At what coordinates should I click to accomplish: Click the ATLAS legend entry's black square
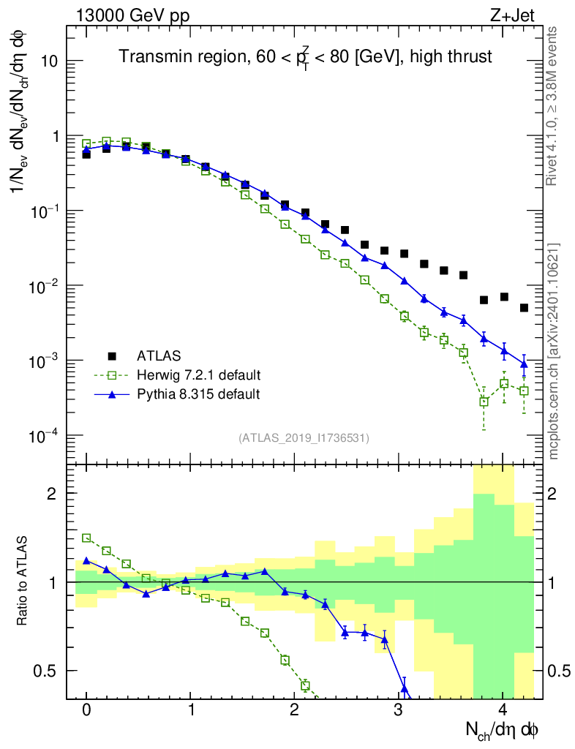tap(112, 356)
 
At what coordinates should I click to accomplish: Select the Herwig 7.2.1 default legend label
tap(199, 375)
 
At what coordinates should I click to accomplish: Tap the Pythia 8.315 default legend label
tap(198, 394)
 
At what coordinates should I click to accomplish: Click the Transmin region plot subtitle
tap(305, 56)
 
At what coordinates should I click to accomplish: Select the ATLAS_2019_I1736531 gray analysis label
tap(304, 438)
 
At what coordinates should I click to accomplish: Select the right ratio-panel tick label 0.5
tap(560, 671)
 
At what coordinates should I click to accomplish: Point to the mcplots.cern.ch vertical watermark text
tap(554, 351)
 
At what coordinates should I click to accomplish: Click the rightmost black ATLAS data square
tap(524, 308)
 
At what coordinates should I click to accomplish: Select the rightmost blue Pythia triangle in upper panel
tap(524, 364)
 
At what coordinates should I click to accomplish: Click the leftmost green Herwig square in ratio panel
tap(86, 538)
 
